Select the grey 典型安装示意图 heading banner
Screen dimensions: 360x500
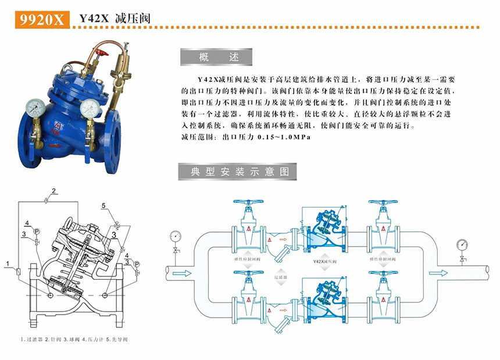click(x=235, y=172)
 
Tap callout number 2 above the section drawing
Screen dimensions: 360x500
click(x=53, y=191)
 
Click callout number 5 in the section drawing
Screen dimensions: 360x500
click(x=103, y=206)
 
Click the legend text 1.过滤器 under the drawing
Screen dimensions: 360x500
click(x=33, y=338)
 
